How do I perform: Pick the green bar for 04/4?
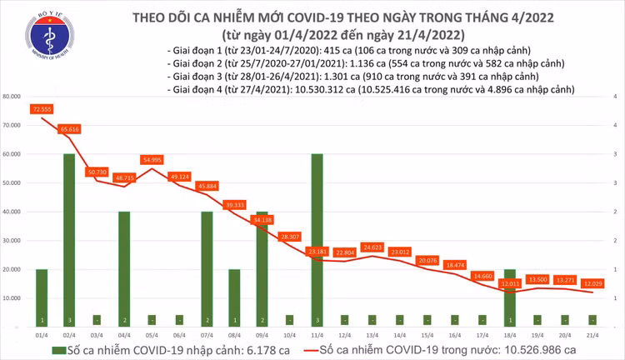pos(123,267)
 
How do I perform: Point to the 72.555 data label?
pos(42,109)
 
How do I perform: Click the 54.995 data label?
pos(152,159)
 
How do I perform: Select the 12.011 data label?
pos(510,284)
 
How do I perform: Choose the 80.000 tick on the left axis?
pos(13,97)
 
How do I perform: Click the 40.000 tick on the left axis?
pos(13,212)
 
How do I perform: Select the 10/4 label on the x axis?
pos(289,332)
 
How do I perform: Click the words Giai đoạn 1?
pos(195,50)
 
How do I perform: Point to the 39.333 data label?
pos(234,204)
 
